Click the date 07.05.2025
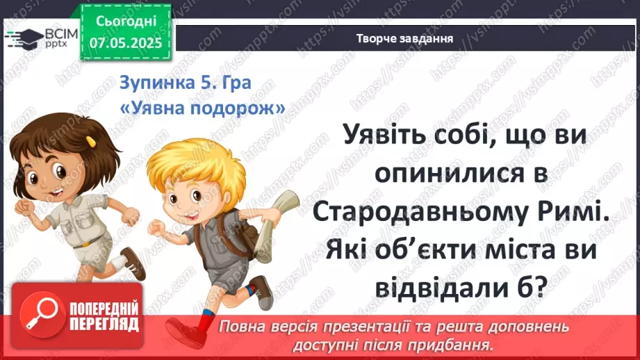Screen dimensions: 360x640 pos(125,42)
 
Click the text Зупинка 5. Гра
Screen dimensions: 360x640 pos(185,83)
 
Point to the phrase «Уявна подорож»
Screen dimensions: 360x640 pos(202,108)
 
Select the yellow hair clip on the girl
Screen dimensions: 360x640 pos(90,141)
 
